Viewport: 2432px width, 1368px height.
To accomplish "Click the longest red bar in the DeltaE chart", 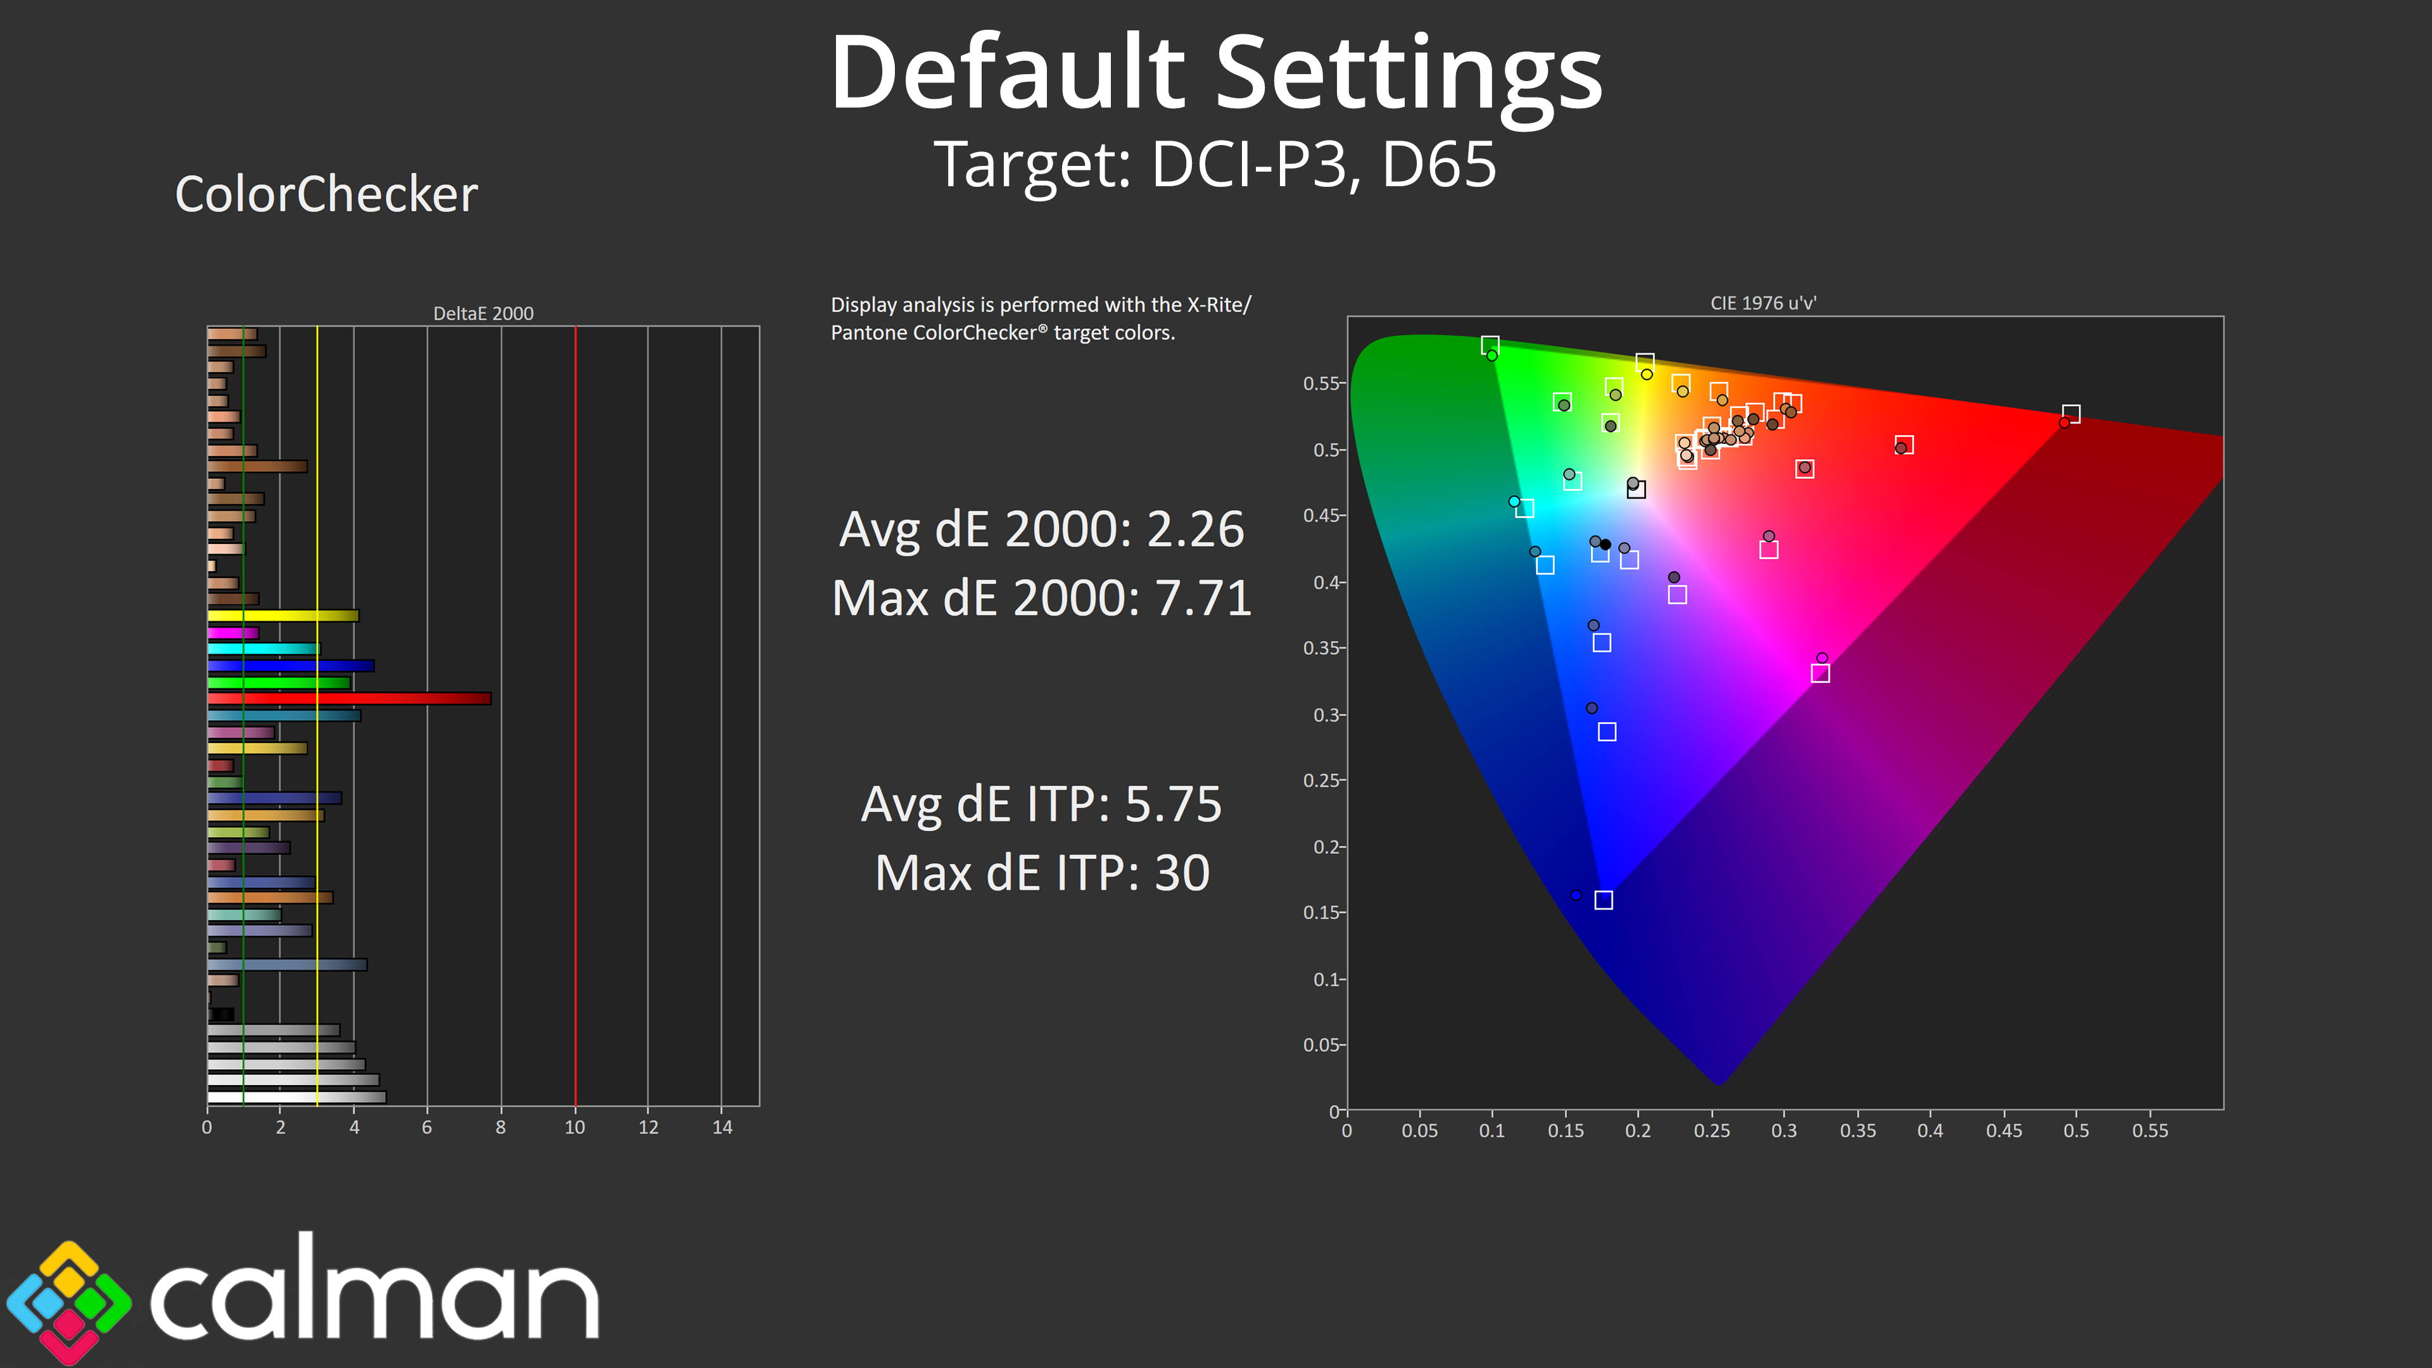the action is [350, 699].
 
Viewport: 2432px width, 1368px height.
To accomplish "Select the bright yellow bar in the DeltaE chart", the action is [283, 616].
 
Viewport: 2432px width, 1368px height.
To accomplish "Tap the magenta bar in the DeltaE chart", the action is [233, 633].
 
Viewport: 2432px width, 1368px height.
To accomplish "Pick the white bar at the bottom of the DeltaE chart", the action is [296, 1097].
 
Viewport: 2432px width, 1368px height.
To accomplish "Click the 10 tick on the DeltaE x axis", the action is [575, 1127].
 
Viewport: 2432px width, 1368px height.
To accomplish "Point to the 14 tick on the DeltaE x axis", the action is [722, 1127].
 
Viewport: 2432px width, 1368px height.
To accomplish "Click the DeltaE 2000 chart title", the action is [483, 313].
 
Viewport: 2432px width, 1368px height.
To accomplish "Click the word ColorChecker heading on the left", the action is [327, 194].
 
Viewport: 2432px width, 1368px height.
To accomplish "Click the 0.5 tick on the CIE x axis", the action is [2076, 1130].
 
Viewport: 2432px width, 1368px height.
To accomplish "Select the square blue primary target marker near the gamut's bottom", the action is [1603, 900].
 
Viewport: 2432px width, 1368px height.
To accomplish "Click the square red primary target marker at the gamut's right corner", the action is [2070, 414].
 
